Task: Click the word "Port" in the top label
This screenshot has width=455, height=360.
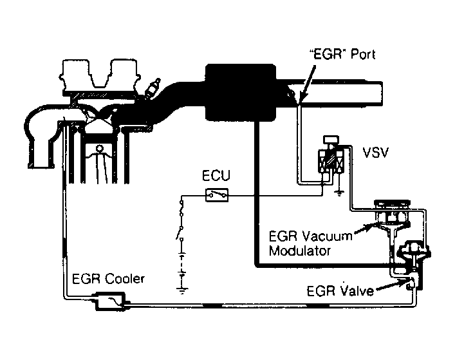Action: coord(360,55)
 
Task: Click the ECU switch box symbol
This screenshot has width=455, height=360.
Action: coord(216,194)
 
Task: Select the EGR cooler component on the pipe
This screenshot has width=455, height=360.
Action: coord(110,300)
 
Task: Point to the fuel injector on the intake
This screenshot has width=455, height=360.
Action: coord(152,89)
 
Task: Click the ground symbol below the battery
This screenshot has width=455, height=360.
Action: coord(183,290)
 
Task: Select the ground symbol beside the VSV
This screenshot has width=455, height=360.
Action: coord(340,191)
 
